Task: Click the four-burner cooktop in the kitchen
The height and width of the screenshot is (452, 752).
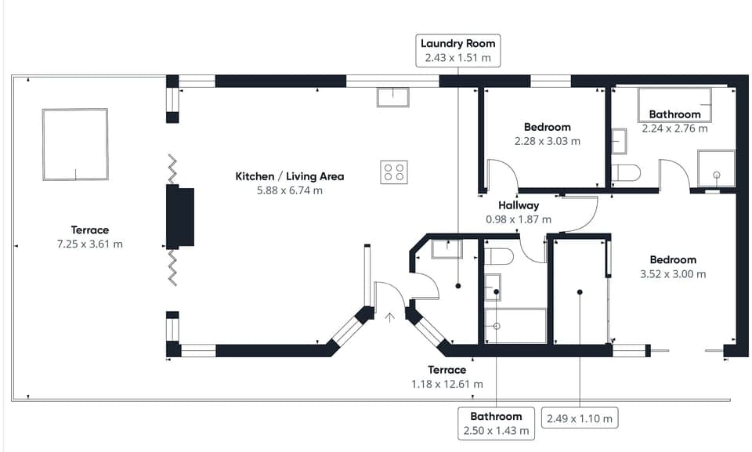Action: [x=394, y=172]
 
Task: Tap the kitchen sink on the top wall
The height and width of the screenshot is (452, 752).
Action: [x=392, y=97]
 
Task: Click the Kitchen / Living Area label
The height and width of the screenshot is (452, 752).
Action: [x=289, y=176]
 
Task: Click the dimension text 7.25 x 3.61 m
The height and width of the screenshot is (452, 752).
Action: [x=89, y=244]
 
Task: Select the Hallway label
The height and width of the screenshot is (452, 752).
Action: [x=518, y=206]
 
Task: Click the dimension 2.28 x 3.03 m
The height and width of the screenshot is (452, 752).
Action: [x=547, y=141]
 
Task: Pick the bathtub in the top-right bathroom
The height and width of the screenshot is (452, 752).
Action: [x=674, y=102]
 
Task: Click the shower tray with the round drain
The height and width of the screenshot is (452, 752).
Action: [x=716, y=168]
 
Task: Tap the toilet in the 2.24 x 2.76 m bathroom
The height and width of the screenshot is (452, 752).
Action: [x=627, y=172]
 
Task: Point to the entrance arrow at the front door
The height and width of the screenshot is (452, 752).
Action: [x=390, y=317]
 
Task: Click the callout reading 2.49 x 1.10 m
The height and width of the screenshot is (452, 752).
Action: [x=580, y=418]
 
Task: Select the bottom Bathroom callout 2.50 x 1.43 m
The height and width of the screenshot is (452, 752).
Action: [x=496, y=423]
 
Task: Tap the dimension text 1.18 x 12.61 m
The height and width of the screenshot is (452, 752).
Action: [x=446, y=384]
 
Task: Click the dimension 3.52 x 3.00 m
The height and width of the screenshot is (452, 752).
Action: [x=672, y=274]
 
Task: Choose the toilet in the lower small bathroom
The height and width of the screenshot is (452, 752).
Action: [x=499, y=255]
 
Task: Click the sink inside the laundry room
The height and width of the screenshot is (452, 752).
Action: [x=446, y=249]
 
